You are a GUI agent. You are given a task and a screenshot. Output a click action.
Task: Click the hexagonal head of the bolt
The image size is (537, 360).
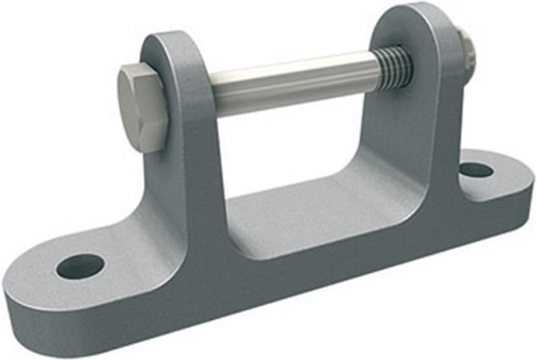pyautogui.click(x=143, y=107)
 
